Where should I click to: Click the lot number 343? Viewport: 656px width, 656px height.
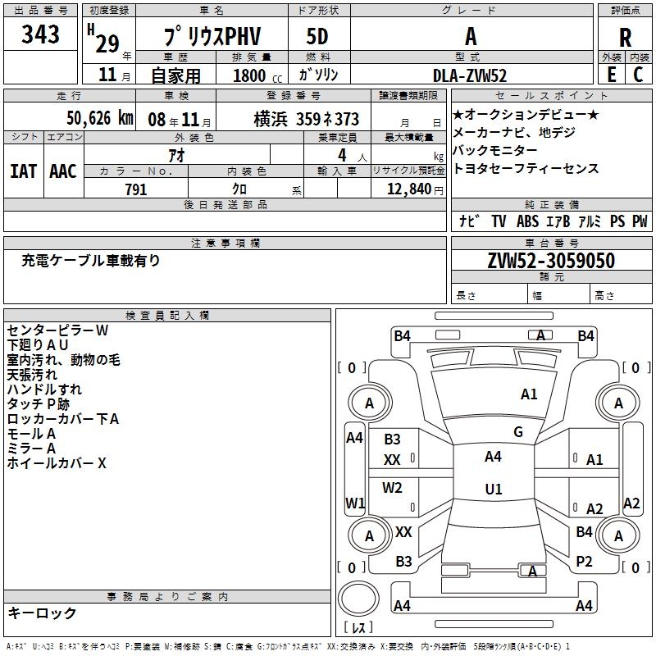click(x=41, y=35)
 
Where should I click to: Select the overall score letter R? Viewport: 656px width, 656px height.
click(x=625, y=38)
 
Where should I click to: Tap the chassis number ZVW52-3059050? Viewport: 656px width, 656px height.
click(x=551, y=261)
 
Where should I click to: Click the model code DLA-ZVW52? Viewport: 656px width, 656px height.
click(x=470, y=75)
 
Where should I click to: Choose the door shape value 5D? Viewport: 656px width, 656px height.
click(x=317, y=37)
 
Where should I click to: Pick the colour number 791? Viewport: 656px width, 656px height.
click(x=136, y=189)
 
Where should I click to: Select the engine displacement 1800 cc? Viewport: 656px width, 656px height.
click(x=255, y=75)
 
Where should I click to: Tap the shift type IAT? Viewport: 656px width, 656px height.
click(x=23, y=171)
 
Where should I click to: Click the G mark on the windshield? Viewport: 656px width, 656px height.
click(x=518, y=431)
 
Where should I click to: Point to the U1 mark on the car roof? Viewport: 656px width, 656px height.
click(x=494, y=489)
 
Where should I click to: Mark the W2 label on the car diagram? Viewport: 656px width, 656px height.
click(x=393, y=488)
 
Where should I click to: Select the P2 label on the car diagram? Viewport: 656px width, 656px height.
click(x=584, y=561)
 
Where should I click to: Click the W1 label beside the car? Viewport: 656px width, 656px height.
click(x=355, y=503)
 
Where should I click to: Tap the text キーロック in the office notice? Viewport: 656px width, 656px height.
click(x=42, y=613)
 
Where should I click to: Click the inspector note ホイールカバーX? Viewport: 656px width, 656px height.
click(x=57, y=463)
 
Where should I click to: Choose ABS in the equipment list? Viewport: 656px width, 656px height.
click(x=527, y=221)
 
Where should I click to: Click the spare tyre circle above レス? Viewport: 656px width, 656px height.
click(x=359, y=599)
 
